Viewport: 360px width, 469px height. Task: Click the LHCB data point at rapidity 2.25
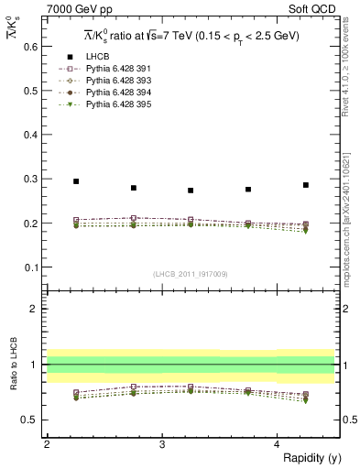tap(76, 181)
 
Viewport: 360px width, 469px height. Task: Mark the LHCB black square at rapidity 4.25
tap(306, 185)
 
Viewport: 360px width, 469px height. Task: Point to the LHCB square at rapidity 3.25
tap(191, 191)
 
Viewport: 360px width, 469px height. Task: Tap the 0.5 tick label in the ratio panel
tap(33, 420)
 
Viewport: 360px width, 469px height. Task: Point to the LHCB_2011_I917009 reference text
tap(191, 273)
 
